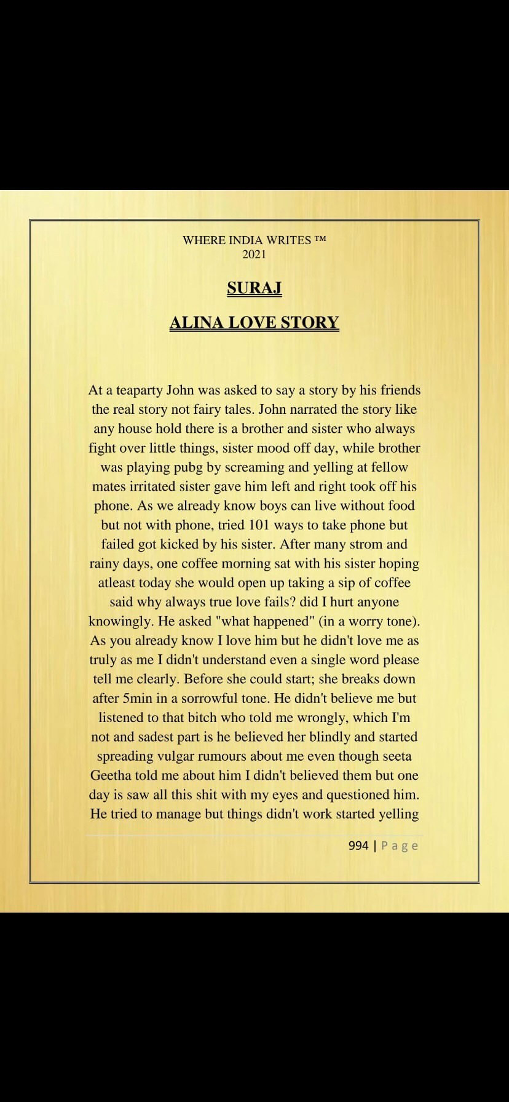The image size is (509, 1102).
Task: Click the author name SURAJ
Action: pos(254,288)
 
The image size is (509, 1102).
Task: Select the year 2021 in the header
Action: pos(254,254)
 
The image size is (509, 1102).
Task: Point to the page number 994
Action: pos(358,846)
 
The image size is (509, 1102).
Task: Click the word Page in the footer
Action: pos(400,846)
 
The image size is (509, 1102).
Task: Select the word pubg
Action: pos(186,467)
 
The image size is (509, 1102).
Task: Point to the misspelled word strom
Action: pos(367,544)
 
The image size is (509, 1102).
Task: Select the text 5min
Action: pos(137,699)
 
